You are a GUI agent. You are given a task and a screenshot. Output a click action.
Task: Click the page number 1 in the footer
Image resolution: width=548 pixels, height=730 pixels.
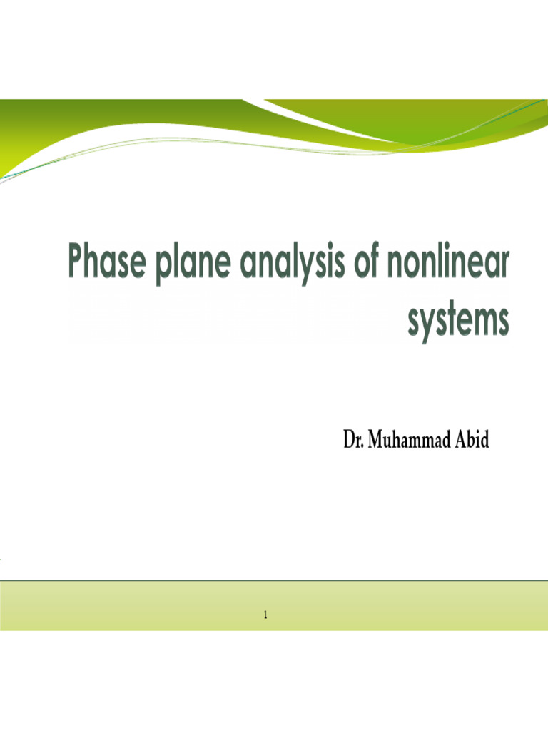point(265,615)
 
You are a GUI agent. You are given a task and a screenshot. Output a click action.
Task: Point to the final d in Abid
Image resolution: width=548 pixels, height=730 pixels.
point(485,440)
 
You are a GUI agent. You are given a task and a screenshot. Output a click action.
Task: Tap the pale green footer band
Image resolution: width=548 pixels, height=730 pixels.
point(143,606)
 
